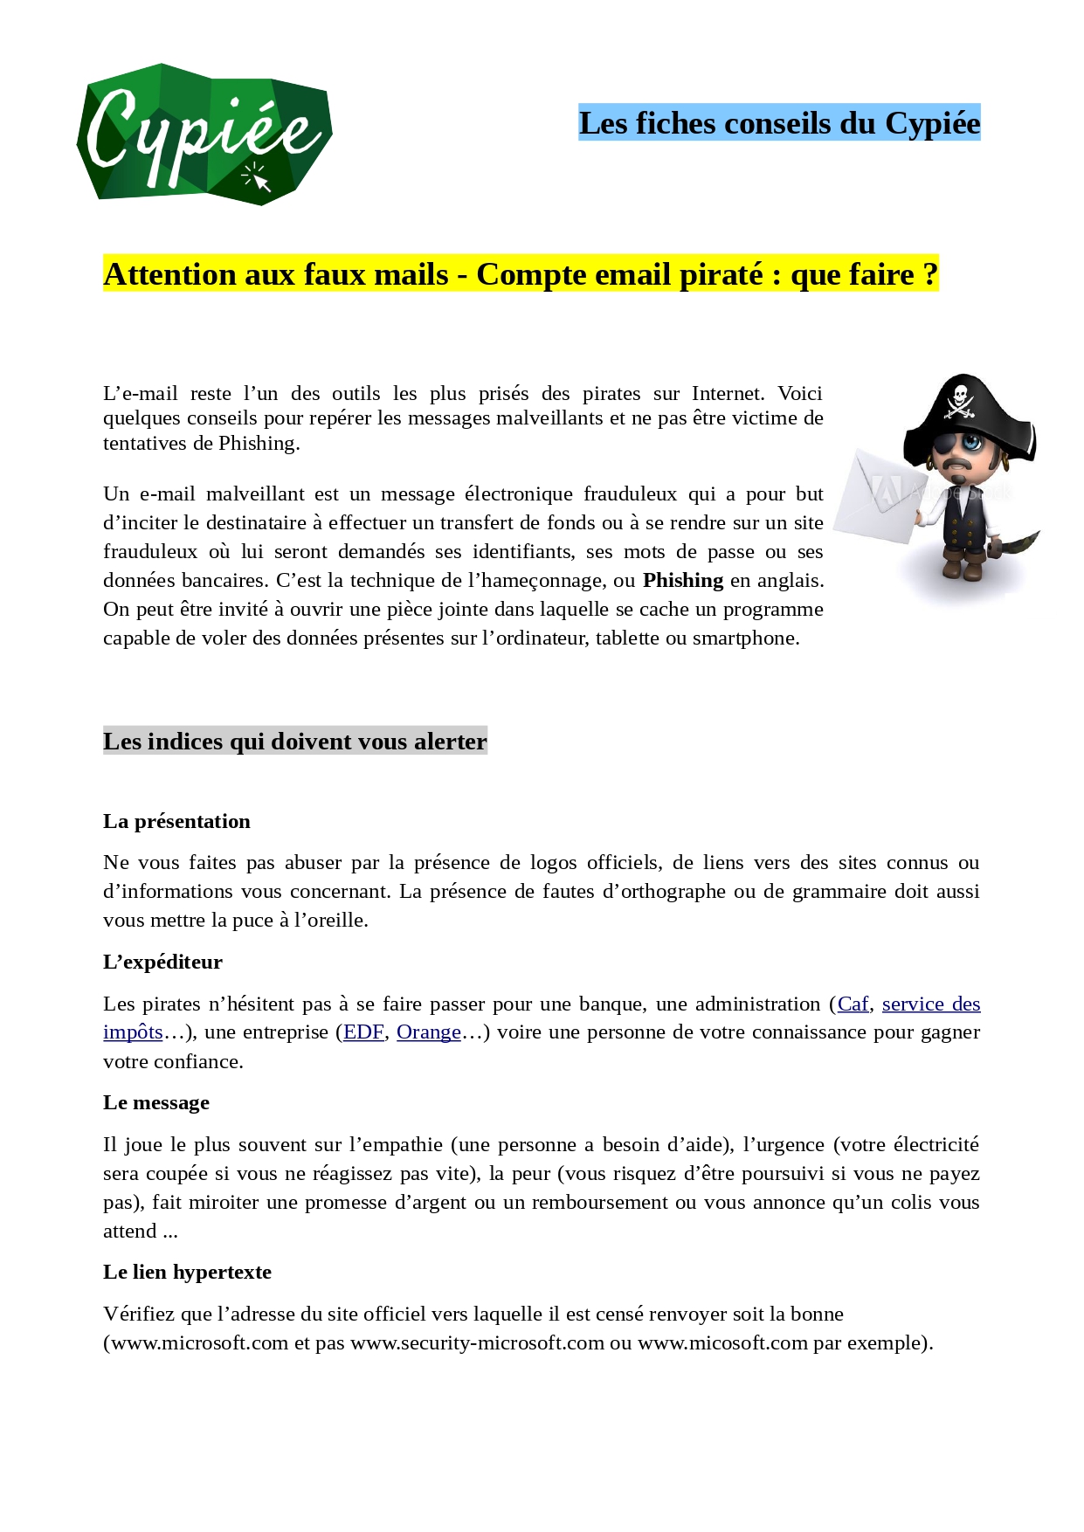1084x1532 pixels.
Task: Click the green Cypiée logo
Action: pos(204,135)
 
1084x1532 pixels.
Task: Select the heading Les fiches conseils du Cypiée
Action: pos(778,123)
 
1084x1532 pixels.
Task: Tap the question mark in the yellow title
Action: pos(929,274)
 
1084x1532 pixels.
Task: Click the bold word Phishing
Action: pos(683,581)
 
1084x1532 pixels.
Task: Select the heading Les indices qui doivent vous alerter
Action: pos(294,742)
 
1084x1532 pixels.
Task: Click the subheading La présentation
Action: pos(176,821)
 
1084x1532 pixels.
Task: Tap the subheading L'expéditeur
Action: pos(162,962)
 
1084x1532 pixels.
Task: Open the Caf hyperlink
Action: pos(853,1004)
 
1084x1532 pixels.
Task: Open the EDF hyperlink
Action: pos(363,1032)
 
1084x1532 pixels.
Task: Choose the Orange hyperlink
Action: pos(428,1032)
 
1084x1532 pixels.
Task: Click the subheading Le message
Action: pos(156,1102)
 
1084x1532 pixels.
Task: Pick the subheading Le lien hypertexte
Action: pos(187,1272)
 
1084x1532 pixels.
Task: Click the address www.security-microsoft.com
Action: pos(477,1342)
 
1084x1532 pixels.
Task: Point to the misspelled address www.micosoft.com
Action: pos(722,1342)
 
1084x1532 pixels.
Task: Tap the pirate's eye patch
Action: pos(946,445)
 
